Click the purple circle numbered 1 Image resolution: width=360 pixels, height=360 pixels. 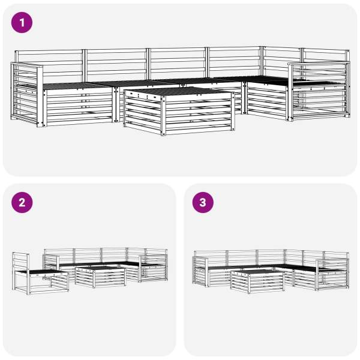coord(22,23)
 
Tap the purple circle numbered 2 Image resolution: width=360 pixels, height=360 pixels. coord(22,203)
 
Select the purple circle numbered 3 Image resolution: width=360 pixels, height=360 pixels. coord(203,203)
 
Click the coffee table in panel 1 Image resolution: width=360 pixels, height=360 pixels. coord(179,110)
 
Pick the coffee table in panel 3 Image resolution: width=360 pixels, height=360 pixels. coord(257,281)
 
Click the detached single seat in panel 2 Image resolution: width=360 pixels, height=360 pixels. coord(40,274)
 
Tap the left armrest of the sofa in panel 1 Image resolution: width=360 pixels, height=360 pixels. coord(27,94)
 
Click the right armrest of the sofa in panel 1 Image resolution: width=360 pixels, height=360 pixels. coord(319,91)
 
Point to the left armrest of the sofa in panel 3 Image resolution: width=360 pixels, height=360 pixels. coord(200,271)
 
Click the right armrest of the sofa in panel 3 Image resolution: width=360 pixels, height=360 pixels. coord(332,274)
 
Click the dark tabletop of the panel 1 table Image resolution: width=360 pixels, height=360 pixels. coord(179,91)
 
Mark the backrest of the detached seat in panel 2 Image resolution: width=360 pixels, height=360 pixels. coord(20,262)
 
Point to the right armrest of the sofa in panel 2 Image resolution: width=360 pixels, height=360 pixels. coord(154,268)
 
